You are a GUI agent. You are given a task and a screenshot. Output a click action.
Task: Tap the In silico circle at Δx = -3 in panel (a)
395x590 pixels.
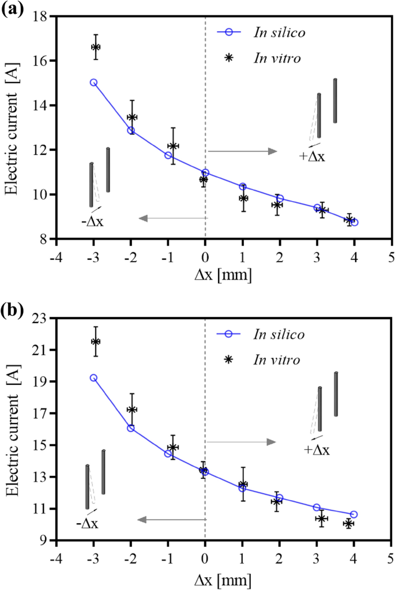(x=93, y=82)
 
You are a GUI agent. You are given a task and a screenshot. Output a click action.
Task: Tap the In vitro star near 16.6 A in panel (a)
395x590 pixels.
(x=96, y=47)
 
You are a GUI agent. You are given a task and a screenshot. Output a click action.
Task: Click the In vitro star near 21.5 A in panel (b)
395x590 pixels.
(x=96, y=342)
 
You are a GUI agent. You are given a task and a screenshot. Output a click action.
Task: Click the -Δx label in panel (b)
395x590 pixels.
(x=87, y=524)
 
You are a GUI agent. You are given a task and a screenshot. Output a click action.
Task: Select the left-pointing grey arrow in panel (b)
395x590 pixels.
(x=171, y=520)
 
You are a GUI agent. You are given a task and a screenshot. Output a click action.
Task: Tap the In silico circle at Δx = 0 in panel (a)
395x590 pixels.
(x=205, y=173)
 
